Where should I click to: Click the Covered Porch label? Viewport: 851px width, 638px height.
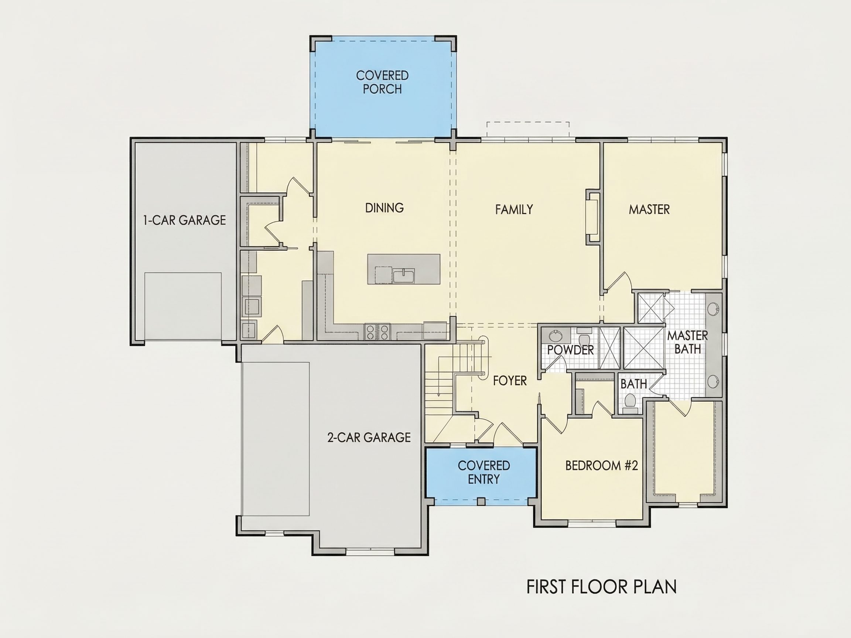pyautogui.click(x=382, y=82)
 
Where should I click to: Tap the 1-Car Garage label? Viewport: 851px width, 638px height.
pyautogui.click(x=184, y=220)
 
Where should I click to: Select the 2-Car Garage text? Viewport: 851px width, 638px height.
pyautogui.click(x=369, y=437)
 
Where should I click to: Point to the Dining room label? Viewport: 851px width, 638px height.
pyautogui.click(x=385, y=208)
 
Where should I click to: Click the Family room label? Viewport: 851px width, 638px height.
pyautogui.click(x=514, y=210)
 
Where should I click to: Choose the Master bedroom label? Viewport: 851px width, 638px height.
pyautogui.click(x=649, y=210)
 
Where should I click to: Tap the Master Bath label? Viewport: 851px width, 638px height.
pyautogui.click(x=687, y=342)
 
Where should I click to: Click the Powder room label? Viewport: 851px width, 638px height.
pyautogui.click(x=571, y=350)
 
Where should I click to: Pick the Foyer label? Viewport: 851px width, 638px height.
pyautogui.click(x=510, y=381)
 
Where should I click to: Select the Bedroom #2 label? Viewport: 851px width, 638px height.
pyautogui.click(x=602, y=466)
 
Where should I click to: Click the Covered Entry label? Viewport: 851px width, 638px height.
pyautogui.click(x=484, y=472)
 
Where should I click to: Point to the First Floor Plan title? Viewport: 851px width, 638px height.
pyautogui.click(x=601, y=587)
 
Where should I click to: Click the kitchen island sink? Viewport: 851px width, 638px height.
pyautogui.click(x=404, y=276)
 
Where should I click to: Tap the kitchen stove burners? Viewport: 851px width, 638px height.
pyautogui.click(x=377, y=332)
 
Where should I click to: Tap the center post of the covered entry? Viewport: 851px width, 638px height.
pyautogui.click(x=481, y=501)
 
